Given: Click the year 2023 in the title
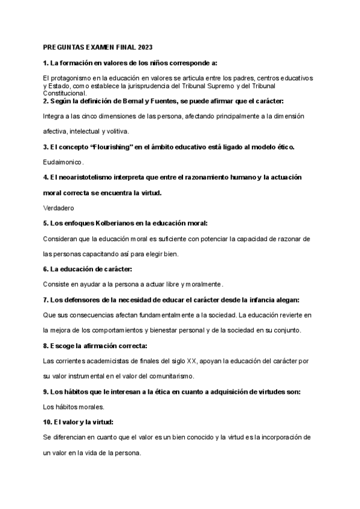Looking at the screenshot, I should click(x=146, y=47).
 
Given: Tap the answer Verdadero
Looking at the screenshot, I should click(x=58, y=208).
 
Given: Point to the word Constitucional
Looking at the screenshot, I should click(x=65, y=94).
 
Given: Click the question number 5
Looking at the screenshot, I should click(x=46, y=223).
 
